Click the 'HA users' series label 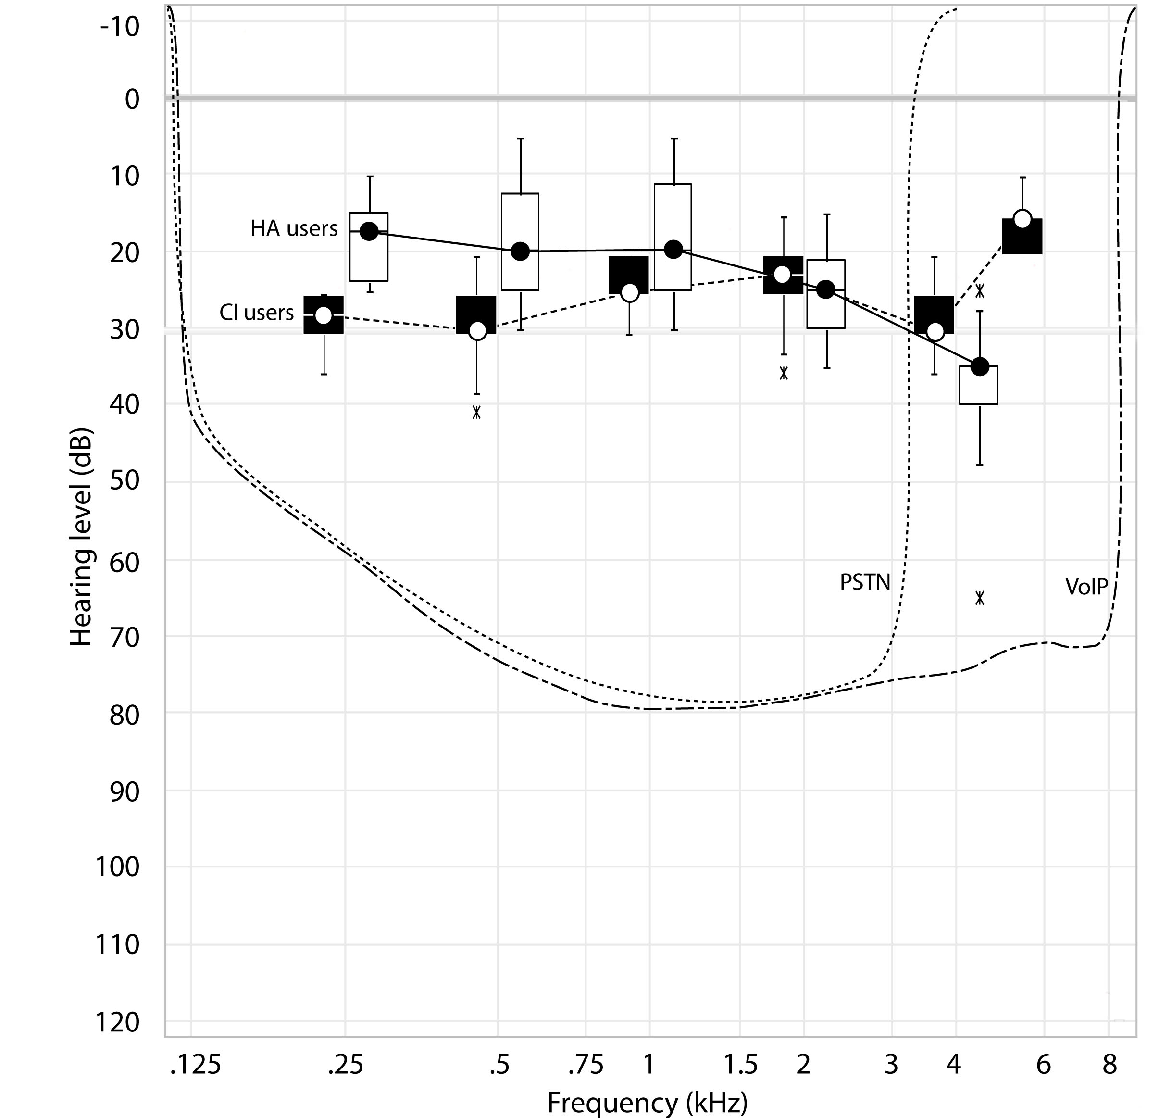coord(294,229)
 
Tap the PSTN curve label coord(864,582)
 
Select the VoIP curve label coord(1086,588)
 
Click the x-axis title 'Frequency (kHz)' coord(647,1103)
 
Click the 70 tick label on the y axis coord(124,637)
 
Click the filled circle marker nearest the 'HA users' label coord(369,231)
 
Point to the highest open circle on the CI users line coord(1022,219)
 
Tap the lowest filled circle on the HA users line coord(980,366)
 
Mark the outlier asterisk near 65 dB coord(980,598)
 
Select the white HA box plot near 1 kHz coord(673,237)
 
